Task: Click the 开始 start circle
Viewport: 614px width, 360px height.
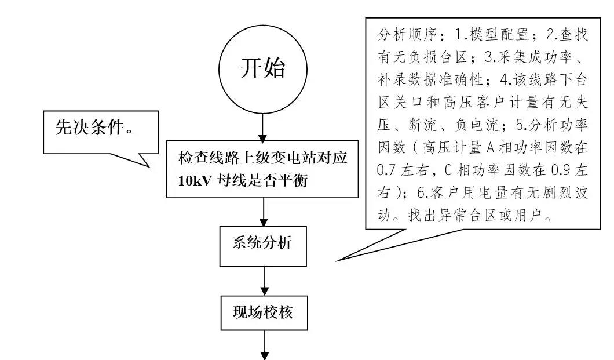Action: pos(262,69)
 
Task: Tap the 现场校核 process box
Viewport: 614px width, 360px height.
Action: pos(264,314)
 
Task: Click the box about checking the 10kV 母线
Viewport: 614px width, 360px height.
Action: pos(263,169)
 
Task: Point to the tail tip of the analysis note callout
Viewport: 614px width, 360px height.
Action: pos(338,260)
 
